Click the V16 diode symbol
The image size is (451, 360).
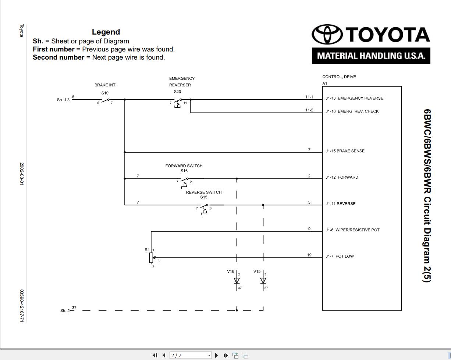237,281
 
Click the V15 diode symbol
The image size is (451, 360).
263,281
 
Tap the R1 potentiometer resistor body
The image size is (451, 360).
151,258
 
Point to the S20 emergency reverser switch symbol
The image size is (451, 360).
178,103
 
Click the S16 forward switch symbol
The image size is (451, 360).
184,183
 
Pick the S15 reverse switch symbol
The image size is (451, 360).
204,209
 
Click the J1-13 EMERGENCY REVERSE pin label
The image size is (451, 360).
354,98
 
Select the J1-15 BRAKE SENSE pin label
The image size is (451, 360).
345,151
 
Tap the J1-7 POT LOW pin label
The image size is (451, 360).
340,256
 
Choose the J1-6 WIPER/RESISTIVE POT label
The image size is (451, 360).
352,230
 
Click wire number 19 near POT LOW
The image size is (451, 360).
309,255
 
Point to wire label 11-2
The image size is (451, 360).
309,110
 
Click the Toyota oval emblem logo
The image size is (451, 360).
327,34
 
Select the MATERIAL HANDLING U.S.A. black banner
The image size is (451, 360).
371,56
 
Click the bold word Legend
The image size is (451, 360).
106,32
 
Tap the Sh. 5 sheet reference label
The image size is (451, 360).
65,311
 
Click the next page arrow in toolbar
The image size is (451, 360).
217,355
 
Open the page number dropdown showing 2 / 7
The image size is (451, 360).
191,355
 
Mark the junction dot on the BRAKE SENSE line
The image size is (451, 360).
125,152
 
